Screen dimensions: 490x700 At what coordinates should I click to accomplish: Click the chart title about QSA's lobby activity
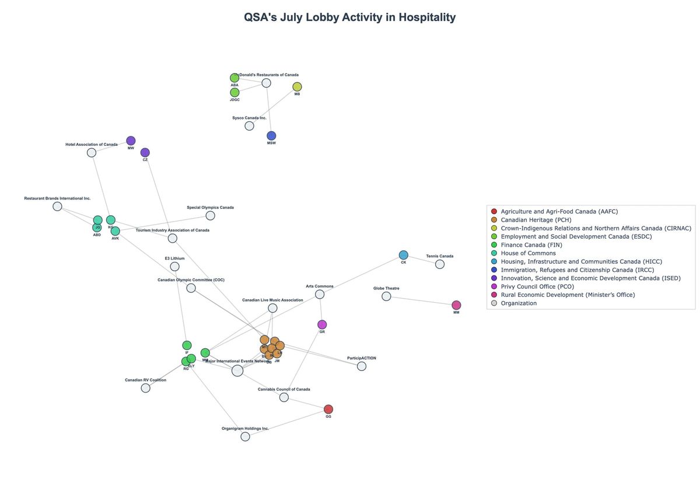click(349, 17)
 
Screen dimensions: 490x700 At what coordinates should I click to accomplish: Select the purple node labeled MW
click(131, 141)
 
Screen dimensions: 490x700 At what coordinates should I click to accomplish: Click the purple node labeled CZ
click(145, 153)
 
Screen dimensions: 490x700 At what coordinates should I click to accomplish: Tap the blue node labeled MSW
click(271, 136)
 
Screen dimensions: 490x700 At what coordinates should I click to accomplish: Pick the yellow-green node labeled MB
click(297, 87)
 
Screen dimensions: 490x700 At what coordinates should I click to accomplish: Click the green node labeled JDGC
click(235, 93)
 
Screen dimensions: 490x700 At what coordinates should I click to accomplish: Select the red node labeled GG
click(328, 409)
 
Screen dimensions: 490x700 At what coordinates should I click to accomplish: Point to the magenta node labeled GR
click(322, 324)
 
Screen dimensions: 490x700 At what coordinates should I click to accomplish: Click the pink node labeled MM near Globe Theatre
click(456, 305)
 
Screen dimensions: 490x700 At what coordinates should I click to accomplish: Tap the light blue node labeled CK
click(404, 255)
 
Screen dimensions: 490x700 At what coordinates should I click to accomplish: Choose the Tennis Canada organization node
click(440, 264)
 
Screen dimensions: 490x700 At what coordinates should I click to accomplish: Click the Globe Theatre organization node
click(386, 296)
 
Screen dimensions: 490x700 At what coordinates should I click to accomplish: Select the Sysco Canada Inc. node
click(249, 126)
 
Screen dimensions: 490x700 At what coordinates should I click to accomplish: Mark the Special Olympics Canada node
click(211, 216)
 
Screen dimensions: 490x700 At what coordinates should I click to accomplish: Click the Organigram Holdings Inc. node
click(245, 436)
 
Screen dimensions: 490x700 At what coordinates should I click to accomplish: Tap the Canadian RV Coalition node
click(145, 388)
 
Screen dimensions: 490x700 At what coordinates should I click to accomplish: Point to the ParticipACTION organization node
click(362, 366)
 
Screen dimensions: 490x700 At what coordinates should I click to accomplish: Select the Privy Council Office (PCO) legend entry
click(537, 286)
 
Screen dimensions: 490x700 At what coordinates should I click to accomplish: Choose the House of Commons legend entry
click(528, 253)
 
